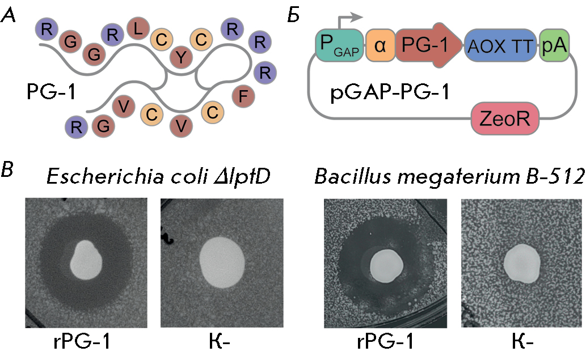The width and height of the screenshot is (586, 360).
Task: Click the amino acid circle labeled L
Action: pos(138,29)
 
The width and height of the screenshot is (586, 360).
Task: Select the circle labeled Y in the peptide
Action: pos(181,58)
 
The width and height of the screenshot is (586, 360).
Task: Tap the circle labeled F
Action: pos(243,96)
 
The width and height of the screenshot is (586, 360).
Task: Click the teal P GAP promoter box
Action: pos(339,45)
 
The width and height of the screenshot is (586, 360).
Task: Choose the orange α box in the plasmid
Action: pos(380,45)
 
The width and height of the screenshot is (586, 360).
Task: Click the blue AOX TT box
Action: pos(500,45)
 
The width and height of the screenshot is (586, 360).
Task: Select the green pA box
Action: pos(554,45)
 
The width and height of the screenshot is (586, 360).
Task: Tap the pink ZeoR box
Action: pos(505,118)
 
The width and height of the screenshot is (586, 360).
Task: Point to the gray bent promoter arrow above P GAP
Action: pos(344,19)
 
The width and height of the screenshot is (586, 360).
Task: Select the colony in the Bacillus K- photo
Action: pos(522,264)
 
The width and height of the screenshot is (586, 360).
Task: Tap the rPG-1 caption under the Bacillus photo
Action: pos(385,341)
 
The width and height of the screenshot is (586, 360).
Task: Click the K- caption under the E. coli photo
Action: pos(219,341)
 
